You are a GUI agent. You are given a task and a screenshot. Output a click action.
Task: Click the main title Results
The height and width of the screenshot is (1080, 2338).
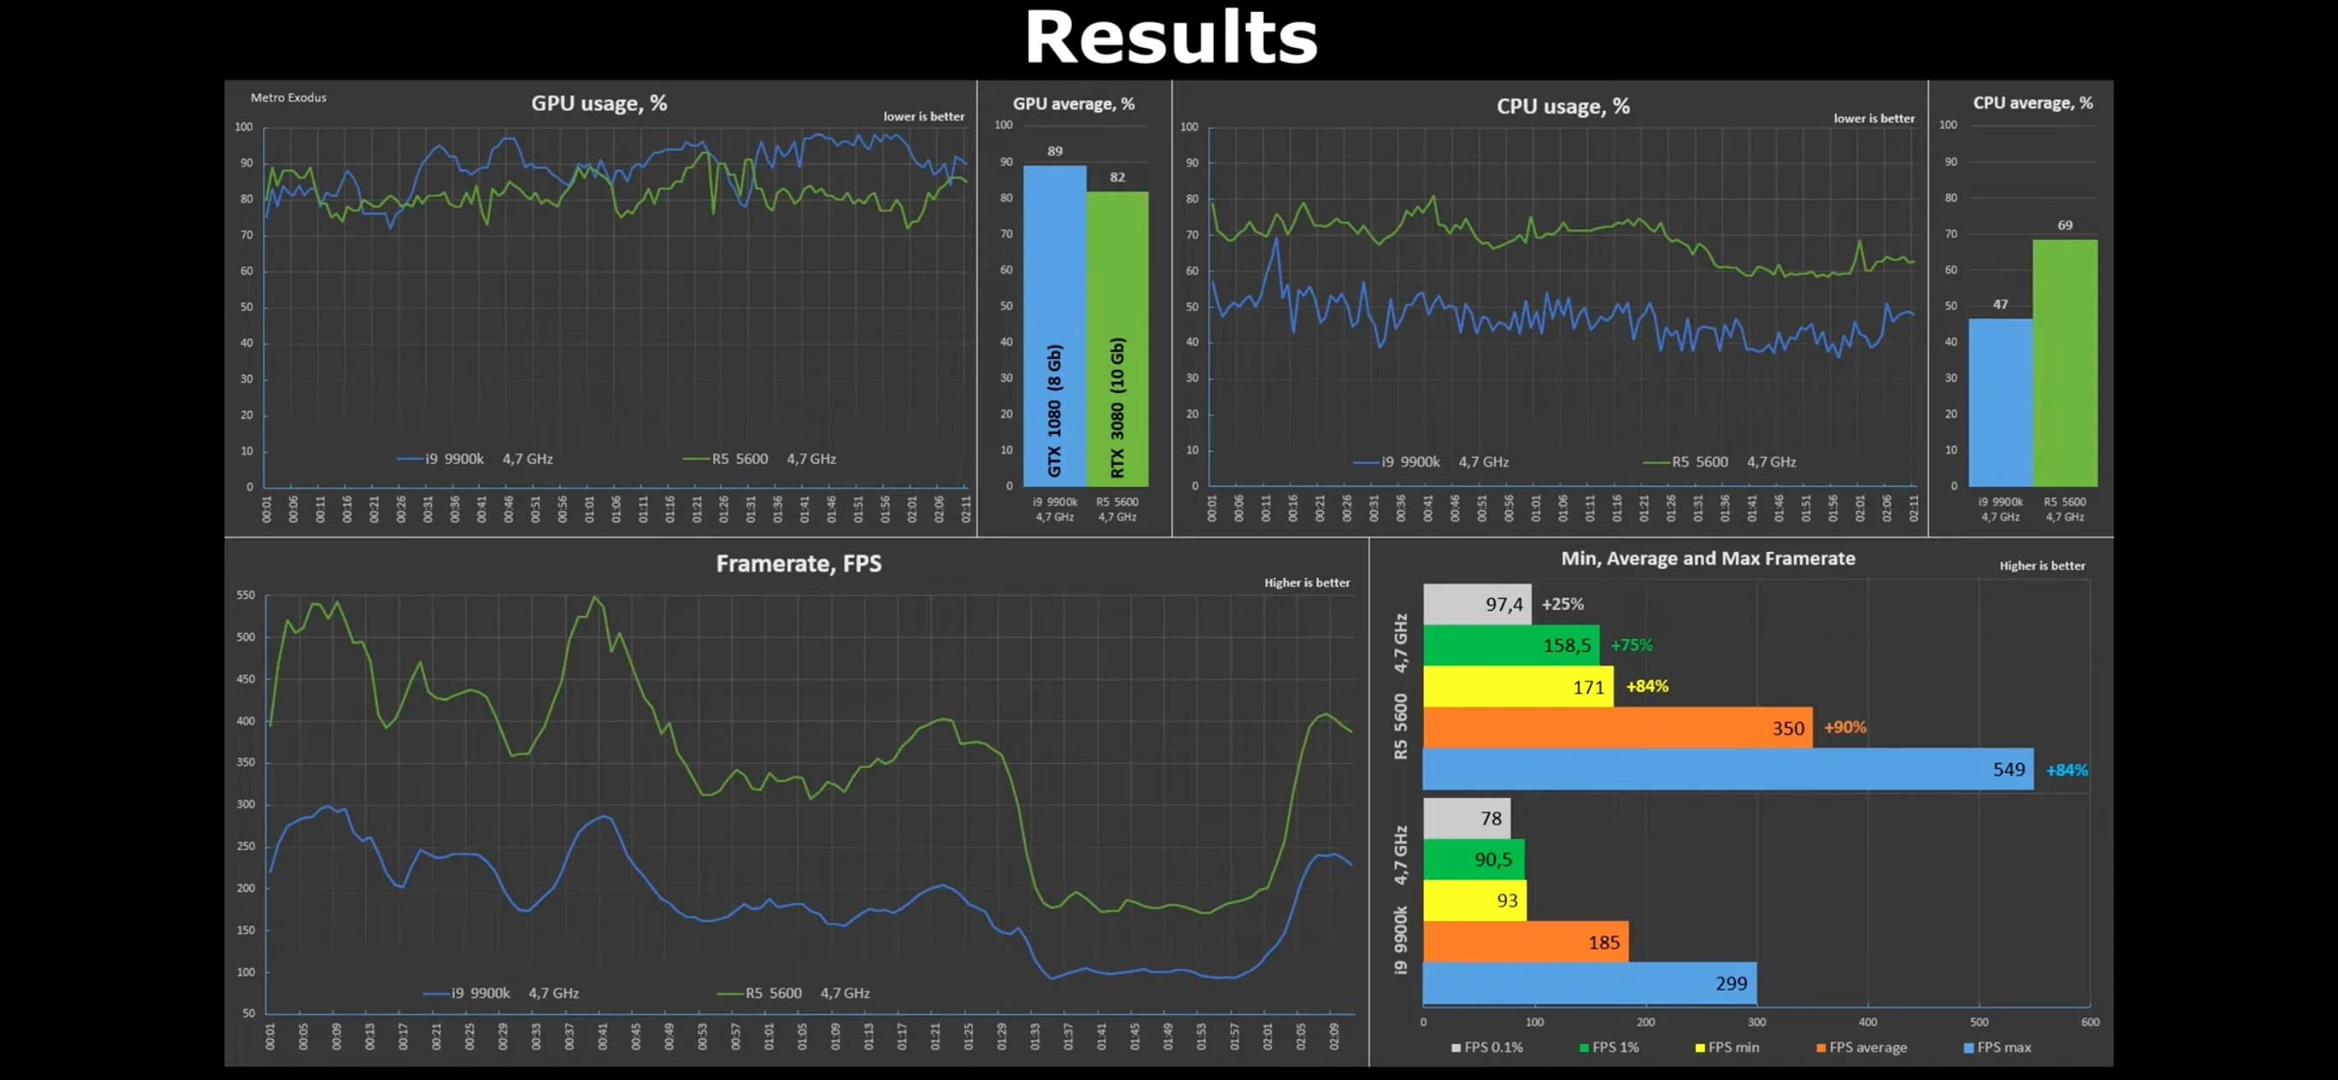[1170, 38]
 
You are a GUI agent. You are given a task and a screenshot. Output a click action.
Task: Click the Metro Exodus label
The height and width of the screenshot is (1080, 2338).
[288, 97]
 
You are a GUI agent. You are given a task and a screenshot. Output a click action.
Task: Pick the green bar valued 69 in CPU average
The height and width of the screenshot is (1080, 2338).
[2064, 362]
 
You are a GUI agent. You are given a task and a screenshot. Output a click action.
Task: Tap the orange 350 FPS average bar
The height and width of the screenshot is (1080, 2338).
[1617, 727]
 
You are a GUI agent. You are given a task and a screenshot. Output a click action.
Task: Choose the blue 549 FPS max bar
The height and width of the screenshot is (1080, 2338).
[1727, 769]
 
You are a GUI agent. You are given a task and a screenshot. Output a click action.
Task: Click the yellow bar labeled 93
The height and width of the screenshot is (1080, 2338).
[1474, 901]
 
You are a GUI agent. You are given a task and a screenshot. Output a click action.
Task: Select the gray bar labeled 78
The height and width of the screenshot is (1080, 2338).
[1466, 818]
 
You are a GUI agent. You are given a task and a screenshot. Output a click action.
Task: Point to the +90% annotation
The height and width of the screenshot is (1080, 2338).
[1844, 727]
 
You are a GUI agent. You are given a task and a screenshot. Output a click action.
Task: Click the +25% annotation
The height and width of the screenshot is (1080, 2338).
[1562, 603]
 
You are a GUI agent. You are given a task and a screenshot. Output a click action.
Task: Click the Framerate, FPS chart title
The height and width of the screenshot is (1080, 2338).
[798, 564]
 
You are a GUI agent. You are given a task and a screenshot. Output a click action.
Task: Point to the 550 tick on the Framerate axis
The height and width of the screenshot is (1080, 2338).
[245, 596]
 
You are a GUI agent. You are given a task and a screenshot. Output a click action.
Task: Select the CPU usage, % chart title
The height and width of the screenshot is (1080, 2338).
[1562, 106]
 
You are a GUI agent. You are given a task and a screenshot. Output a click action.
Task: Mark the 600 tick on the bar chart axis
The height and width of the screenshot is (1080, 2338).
[2089, 1022]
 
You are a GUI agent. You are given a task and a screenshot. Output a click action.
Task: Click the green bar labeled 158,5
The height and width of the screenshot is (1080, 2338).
[1510, 644]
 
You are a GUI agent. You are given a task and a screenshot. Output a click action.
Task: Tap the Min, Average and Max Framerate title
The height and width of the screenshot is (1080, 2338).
[1707, 558]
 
